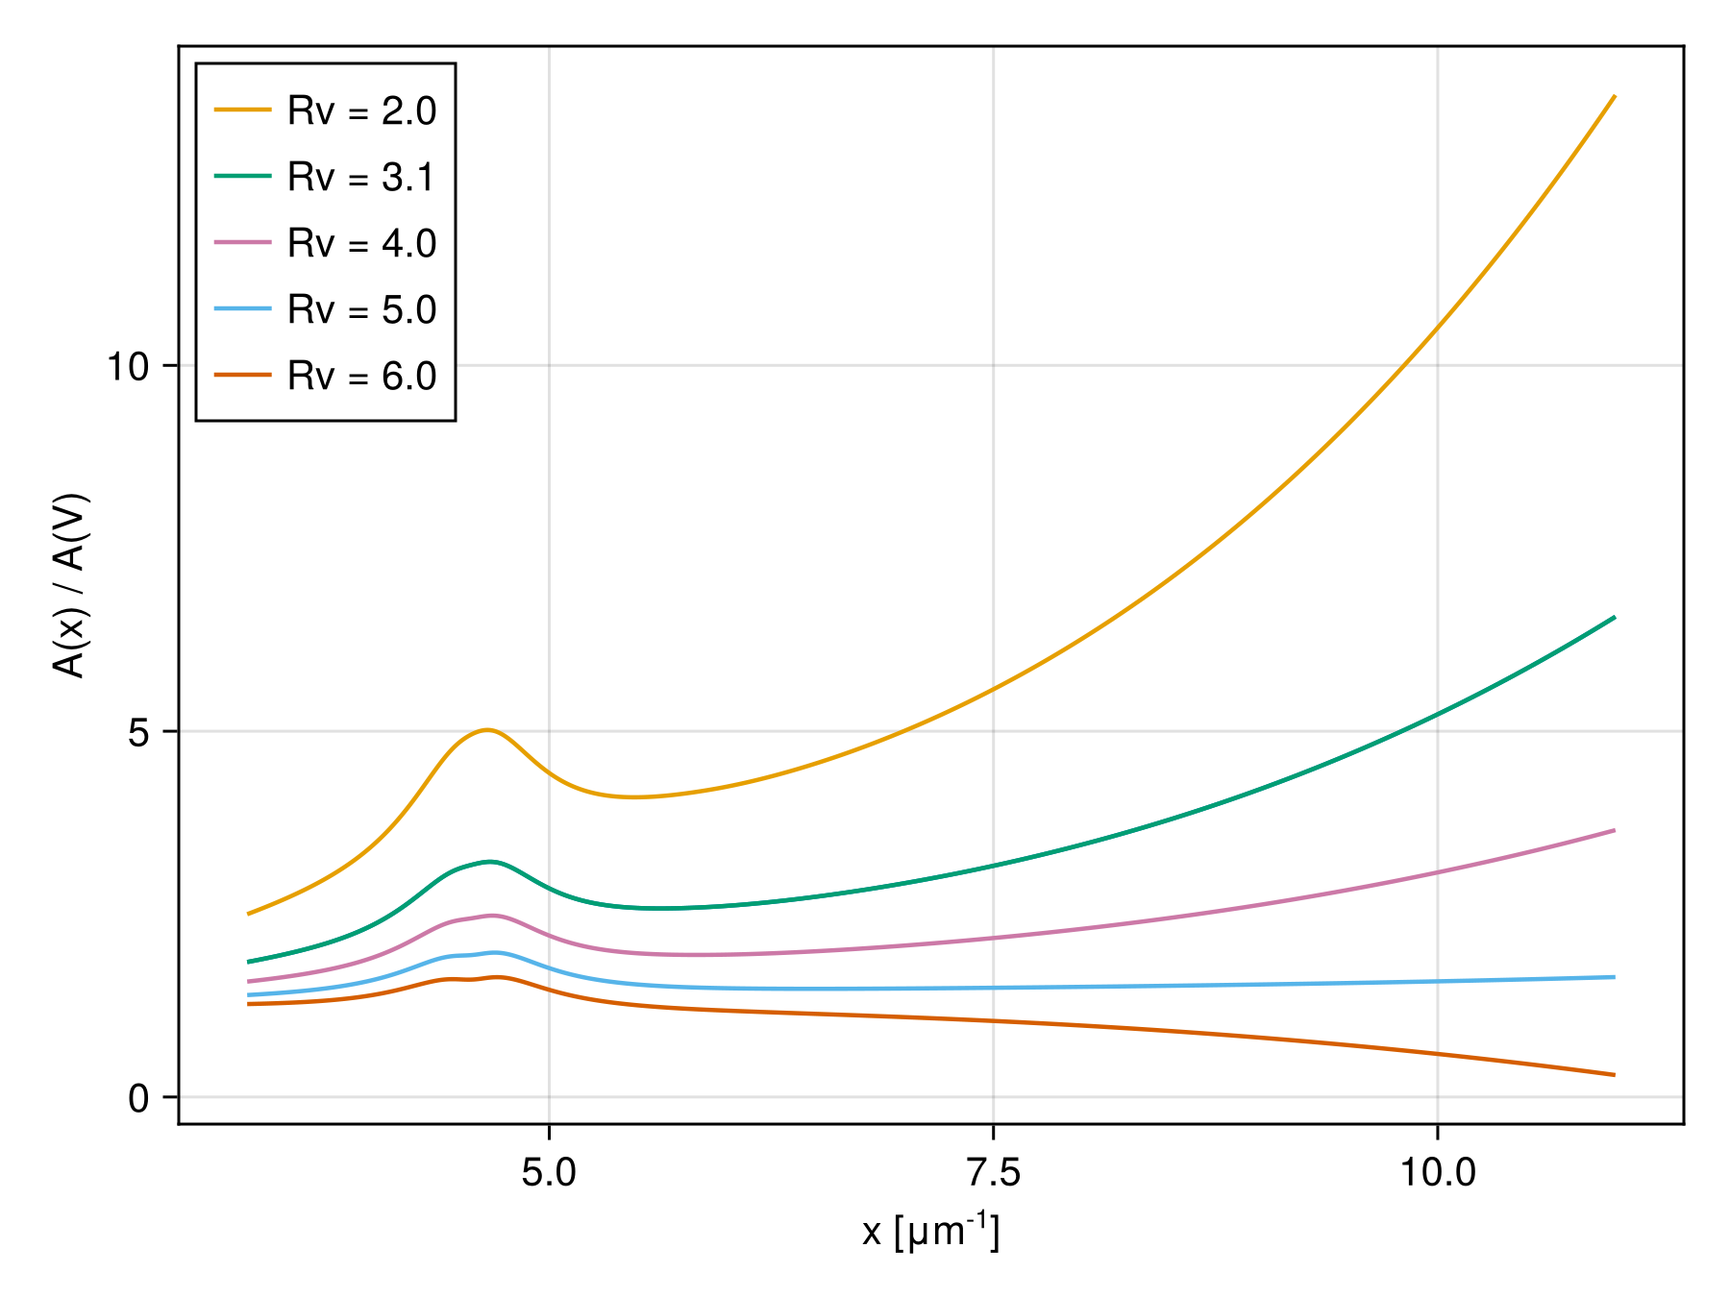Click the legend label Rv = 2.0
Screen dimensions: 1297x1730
click(361, 111)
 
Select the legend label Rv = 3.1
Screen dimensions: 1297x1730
click(361, 178)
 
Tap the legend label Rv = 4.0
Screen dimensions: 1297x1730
click(361, 244)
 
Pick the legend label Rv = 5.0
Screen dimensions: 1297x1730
click(361, 310)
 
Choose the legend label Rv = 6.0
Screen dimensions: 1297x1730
click(361, 377)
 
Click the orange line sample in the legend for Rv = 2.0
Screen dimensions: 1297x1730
click(242, 110)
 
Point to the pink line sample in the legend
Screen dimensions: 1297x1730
click(242, 243)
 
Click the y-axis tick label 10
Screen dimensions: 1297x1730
click(128, 366)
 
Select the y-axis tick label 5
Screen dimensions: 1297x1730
click(138, 732)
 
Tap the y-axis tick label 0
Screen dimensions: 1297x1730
click(138, 1098)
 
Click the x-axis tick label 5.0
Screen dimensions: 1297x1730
click(548, 1173)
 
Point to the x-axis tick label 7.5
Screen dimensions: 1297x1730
click(993, 1173)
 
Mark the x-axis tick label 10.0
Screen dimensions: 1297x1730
click(1437, 1173)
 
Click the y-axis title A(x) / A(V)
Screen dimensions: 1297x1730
click(70, 586)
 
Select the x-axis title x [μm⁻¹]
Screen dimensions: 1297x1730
click(930, 1233)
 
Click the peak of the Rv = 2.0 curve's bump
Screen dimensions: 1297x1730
click(487, 730)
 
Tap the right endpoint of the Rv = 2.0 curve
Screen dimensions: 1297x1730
click(1615, 97)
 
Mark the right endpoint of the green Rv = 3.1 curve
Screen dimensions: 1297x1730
click(1615, 617)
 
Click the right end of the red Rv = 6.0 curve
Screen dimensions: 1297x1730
click(1615, 1075)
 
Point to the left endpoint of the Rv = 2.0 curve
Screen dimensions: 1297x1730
click(249, 914)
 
